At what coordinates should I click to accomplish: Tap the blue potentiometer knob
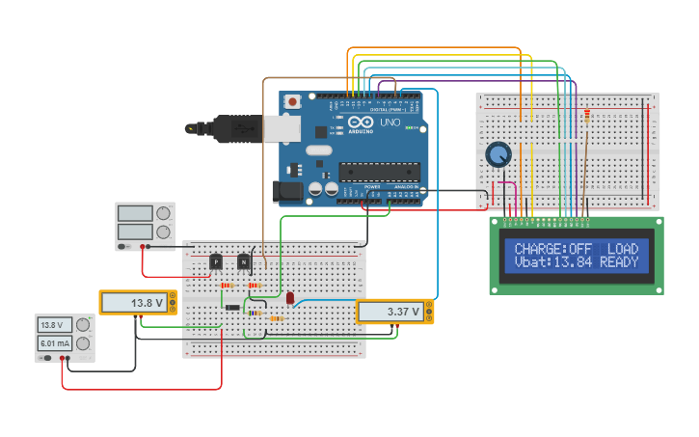coord(497,154)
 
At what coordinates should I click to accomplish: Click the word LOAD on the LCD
coord(622,248)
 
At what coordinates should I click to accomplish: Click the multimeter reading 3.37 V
coord(394,312)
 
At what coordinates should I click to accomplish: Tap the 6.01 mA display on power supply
coord(56,343)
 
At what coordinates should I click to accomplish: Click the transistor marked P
coord(216,261)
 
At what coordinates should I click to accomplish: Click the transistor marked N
coord(244,261)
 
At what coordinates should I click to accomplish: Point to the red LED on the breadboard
coord(289,298)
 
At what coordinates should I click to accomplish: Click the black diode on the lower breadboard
coord(232,308)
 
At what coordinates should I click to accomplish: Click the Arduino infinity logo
coord(360,123)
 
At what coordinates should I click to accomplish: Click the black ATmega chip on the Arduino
coord(379,172)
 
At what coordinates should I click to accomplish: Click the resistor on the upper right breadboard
coord(586,117)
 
